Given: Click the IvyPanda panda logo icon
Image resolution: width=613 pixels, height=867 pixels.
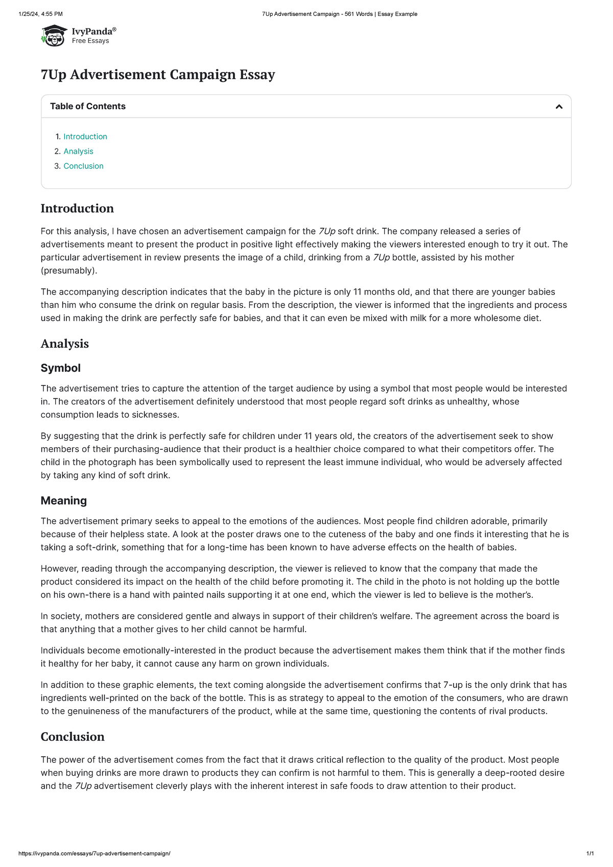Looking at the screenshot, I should (54, 35).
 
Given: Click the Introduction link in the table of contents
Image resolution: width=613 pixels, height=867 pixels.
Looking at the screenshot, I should (85, 136).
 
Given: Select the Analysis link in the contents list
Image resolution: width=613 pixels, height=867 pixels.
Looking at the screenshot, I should (78, 151).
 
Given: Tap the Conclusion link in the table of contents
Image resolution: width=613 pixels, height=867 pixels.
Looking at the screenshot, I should (83, 166).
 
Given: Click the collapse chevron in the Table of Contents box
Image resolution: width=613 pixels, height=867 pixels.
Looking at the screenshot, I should (559, 106).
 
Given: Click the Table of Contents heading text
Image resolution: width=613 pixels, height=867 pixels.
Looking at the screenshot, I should (87, 106).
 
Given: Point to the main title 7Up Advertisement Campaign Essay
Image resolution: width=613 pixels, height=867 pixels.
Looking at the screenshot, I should (157, 75).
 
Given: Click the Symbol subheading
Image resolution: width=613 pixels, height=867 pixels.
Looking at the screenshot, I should (60, 368).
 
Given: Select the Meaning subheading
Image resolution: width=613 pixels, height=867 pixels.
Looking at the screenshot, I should (63, 500).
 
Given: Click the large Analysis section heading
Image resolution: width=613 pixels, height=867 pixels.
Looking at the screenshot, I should (64, 344).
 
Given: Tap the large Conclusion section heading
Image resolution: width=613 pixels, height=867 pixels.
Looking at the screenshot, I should (72, 737).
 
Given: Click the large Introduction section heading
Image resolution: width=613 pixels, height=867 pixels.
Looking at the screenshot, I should (77, 208).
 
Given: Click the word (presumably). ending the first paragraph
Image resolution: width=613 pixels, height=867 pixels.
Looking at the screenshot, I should (68, 271).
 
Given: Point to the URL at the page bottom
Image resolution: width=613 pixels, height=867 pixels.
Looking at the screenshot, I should (94, 853).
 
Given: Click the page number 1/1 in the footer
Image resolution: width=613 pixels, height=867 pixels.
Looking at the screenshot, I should (590, 853).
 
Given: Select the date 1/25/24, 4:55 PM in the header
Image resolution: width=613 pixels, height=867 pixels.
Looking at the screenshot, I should (40, 14).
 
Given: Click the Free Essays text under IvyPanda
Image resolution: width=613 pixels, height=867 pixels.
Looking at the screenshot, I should (90, 41).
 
